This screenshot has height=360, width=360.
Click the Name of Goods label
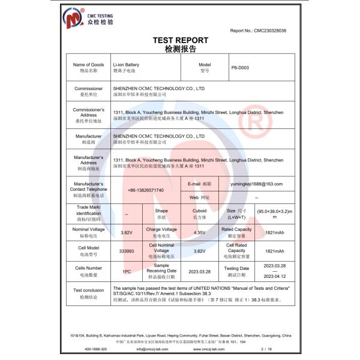point(88,65)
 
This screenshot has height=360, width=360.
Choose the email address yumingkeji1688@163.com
point(257,184)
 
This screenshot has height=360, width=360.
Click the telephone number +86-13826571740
point(146,190)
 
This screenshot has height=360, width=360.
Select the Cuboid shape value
point(199,211)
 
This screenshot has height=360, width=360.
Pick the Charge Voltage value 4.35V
point(199,232)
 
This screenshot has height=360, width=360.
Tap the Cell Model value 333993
point(127,251)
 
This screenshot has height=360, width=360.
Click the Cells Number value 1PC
point(127,271)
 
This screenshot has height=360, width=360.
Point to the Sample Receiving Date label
point(161,271)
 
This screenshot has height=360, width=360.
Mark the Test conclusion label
point(88,292)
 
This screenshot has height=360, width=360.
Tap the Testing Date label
point(236,271)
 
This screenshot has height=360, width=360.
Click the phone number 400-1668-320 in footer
point(96,349)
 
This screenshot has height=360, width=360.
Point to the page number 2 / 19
point(263,349)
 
